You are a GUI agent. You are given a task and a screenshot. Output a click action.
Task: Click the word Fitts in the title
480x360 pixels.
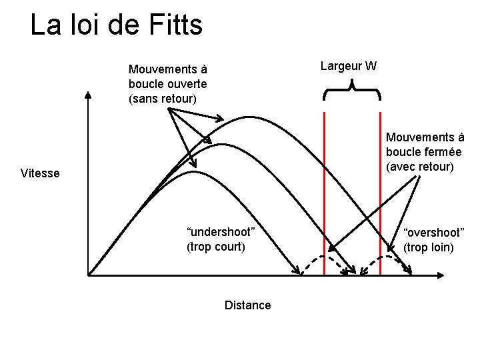pyautogui.click(x=171, y=25)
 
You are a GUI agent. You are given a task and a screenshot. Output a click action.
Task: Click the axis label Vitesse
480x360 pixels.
pyautogui.click(x=40, y=173)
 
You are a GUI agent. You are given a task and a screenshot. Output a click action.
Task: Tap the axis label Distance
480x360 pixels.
pyautogui.click(x=248, y=305)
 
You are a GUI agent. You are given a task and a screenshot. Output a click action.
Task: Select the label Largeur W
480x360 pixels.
pyautogui.click(x=349, y=65)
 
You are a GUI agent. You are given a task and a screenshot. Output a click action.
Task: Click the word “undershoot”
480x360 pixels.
pyautogui.click(x=221, y=232)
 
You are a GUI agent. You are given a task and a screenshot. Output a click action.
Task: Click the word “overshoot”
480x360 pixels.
pyautogui.click(x=433, y=233)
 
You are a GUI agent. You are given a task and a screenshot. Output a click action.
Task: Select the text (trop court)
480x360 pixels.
pyautogui.click(x=216, y=247)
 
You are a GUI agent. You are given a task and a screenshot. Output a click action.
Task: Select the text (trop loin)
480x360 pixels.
pyautogui.click(x=429, y=247)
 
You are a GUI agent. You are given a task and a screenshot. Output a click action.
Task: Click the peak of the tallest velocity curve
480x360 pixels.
pyautogui.click(x=251, y=117)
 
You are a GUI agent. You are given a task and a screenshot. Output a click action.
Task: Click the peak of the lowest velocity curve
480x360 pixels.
pyautogui.click(x=192, y=172)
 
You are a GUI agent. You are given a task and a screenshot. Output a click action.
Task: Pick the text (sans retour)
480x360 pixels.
pyautogui.click(x=163, y=99)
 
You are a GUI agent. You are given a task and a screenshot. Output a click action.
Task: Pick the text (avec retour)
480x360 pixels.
pyautogui.click(x=420, y=166)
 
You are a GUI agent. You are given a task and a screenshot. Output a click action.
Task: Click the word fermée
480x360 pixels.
pyautogui.click(x=442, y=151)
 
